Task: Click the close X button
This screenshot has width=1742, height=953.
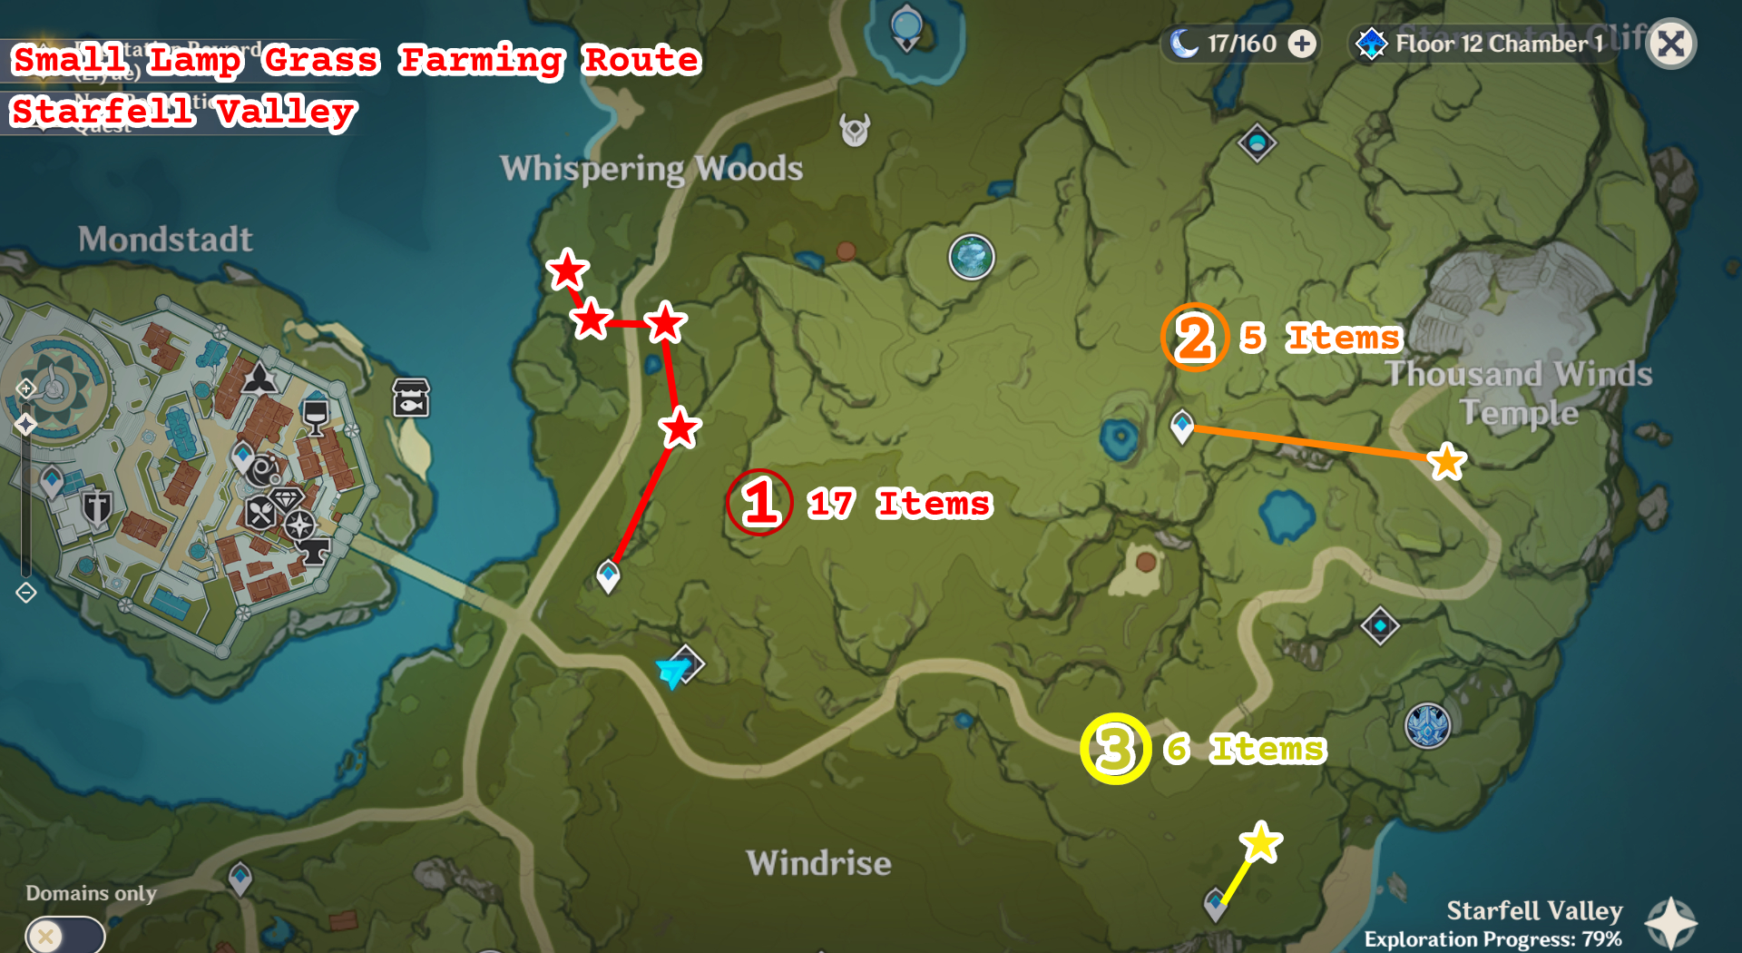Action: [x=1671, y=44]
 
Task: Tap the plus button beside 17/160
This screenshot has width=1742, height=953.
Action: [x=1302, y=44]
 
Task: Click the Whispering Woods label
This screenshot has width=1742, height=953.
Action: [x=651, y=169]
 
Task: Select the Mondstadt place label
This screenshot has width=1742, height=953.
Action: [x=165, y=240]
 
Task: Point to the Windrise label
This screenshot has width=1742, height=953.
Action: [x=818, y=863]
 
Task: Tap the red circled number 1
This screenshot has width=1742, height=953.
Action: [x=759, y=503]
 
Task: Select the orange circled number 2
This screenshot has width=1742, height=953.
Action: [x=1194, y=338]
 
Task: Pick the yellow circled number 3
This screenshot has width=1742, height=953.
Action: [x=1115, y=750]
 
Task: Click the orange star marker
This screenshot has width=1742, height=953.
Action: [x=1446, y=462]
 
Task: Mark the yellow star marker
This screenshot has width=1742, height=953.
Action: [x=1260, y=843]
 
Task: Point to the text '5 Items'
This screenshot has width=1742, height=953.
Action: [x=1321, y=338]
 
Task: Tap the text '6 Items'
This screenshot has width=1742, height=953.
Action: [x=1245, y=750]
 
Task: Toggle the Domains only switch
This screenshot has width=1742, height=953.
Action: [x=64, y=935]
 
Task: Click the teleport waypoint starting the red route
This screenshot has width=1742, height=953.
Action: [x=608, y=575]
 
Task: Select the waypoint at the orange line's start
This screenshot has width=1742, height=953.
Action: [x=1181, y=425]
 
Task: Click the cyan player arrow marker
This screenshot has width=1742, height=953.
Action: [x=672, y=672]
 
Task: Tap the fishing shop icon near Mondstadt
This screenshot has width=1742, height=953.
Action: [x=411, y=398]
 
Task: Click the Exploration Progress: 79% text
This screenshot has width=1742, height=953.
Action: [x=1492, y=939]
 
